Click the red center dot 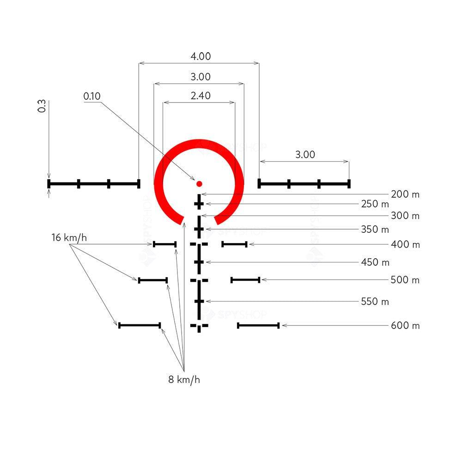(199, 184)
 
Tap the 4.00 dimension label (201, 56)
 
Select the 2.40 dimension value (201, 96)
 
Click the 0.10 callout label (92, 96)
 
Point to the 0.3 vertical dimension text (42, 106)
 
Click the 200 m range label (405, 195)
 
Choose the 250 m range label (375, 204)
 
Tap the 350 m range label (375, 229)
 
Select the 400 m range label (405, 244)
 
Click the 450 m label (375, 262)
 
